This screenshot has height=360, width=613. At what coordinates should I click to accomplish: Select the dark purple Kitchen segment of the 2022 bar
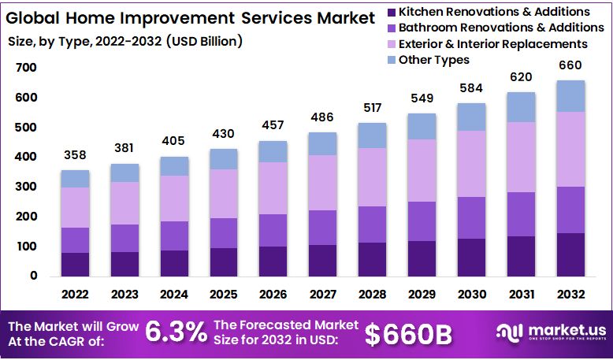(75, 264)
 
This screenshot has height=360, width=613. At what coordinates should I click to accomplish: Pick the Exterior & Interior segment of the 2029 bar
(422, 170)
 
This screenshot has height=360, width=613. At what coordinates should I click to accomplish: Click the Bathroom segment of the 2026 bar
(273, 230)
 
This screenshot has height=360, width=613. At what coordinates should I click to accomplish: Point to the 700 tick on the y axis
(26, 68)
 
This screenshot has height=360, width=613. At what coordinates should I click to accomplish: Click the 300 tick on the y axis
(26, 187)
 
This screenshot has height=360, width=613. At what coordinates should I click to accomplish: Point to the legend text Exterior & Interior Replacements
(493, 44)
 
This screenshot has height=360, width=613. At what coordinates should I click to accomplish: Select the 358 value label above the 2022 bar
(75, 154)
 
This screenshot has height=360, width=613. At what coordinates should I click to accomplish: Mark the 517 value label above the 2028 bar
(373, 107)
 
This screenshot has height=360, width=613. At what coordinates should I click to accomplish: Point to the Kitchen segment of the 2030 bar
(472, 257)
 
